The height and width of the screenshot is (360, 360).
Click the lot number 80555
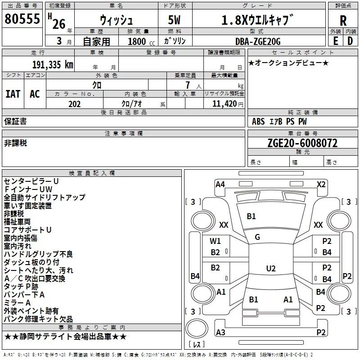coord(22,18)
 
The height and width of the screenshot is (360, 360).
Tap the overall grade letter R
coord(343,21)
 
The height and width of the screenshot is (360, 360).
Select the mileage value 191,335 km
coord(53,65)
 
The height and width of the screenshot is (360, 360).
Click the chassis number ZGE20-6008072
coord(302,143)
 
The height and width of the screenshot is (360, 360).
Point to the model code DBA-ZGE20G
coord(258,41)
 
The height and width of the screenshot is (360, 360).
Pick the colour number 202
coord(74,104)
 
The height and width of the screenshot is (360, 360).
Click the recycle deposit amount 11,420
coord(224,104)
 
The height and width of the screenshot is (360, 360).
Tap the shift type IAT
coord(13,94)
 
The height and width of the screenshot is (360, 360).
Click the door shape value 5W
coord(174,20)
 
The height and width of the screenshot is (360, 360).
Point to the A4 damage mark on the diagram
coord(220,184)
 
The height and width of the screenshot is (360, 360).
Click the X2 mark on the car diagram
coord(321,184)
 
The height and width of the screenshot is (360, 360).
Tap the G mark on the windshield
coord(257,237)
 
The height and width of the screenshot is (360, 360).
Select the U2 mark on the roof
coord(271,268)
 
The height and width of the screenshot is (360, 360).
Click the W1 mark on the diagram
coord(215,241)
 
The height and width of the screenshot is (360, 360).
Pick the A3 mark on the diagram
coord(220,332)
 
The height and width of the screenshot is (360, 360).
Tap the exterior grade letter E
coord(335,41)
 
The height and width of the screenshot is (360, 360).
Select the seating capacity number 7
coord(188,85)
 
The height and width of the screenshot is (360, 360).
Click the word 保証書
coord(15,121)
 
